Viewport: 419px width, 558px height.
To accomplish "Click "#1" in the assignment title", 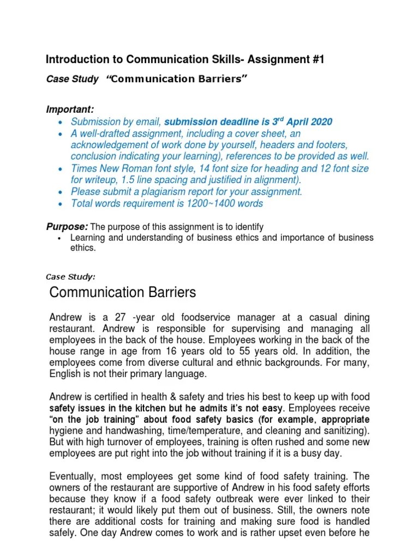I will pos(316,59).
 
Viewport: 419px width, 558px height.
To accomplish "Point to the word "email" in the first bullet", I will pos(148,122).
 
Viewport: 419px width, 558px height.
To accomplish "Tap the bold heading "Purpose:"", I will pos(67,227).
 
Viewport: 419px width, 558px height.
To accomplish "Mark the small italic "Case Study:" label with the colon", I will pos(71,277).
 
